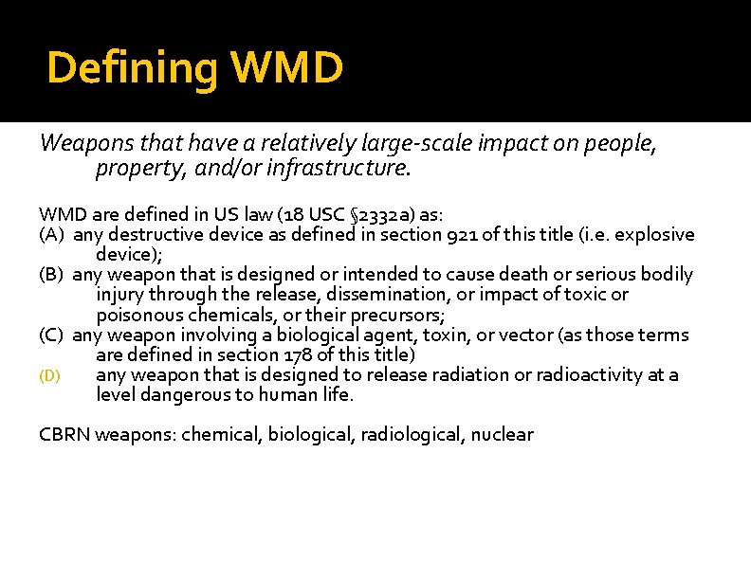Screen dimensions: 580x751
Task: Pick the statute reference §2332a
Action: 377,214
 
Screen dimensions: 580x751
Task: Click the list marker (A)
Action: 52,234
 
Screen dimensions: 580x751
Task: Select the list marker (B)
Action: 52,275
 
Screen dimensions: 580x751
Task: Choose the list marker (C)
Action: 52,335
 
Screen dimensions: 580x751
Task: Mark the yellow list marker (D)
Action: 49,376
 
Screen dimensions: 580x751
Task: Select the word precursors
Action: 401,315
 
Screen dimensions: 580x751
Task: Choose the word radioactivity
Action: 583,375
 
